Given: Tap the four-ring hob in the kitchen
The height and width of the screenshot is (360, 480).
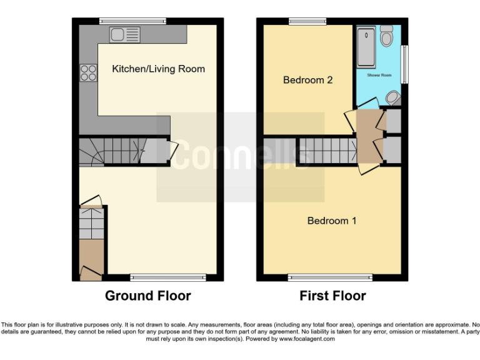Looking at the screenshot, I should point(88,73).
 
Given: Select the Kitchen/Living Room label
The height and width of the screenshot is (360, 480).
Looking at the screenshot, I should point(158,69).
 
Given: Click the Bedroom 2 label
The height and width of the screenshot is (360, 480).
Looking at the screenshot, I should point(307,80).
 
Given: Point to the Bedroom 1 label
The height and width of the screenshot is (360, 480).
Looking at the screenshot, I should point(331,221).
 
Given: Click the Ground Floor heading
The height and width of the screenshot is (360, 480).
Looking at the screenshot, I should point(147,296).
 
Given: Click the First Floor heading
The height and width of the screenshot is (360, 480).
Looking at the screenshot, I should point(332,296).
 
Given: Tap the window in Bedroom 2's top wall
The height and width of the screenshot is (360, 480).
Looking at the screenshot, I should point(307,22).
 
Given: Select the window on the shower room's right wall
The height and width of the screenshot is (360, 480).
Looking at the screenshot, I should point(405,64).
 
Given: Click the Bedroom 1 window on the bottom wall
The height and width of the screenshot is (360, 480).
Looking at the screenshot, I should point(330,277).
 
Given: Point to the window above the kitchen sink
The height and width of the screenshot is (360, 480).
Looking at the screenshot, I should point(132,22).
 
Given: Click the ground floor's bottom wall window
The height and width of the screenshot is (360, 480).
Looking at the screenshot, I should point(168,277).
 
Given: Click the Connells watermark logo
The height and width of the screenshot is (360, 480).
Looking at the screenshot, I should point(240,156).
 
